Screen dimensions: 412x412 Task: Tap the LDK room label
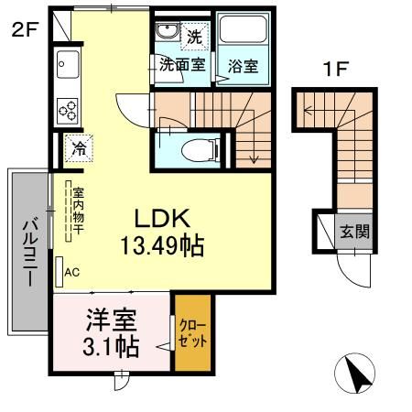tap(162, 219)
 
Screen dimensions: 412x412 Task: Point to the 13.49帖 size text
tap(162, 245)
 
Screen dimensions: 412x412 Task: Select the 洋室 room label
tap(112, 320)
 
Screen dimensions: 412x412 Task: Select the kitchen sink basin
tap(69, 65)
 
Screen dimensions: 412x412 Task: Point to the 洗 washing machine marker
tap(194, 38)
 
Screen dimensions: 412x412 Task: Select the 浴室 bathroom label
tap(242, 66)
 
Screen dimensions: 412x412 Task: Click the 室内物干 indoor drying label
tap(79, 211)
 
